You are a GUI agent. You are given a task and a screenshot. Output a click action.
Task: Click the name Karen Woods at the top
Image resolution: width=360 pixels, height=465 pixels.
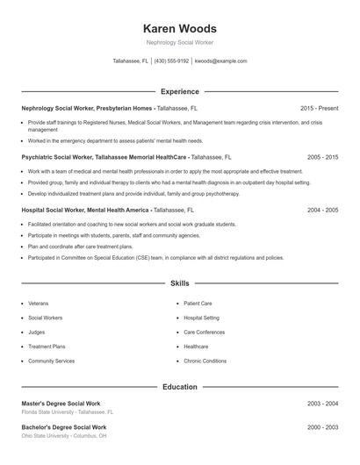[x=179, y=28]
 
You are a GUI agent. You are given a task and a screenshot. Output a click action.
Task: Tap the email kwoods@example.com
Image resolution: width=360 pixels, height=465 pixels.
[x=220, y=61]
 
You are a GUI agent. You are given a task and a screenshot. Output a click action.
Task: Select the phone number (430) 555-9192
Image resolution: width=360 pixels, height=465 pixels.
[x=171, y=61]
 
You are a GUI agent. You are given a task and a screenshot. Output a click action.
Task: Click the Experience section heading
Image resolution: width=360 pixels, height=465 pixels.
[x=179, y=91]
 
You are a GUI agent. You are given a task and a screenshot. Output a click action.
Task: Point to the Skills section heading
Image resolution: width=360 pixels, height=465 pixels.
[x=179, y=284]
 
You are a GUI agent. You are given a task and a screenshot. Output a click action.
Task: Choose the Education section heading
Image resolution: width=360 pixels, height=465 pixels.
[x=179, y=387]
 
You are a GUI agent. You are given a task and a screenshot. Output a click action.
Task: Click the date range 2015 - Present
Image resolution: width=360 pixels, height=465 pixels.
[x=319, y=108]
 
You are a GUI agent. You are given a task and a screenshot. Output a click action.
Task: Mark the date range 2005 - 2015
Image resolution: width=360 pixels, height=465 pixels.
[x=322, y=156]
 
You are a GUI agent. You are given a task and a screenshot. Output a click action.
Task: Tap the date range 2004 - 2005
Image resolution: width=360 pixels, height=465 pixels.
[x=322, y=211]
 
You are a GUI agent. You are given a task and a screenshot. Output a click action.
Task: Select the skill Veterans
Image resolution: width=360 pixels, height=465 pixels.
[x=39, y=303]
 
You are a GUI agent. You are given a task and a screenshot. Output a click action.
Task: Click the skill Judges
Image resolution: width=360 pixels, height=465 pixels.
[x=37, y=332]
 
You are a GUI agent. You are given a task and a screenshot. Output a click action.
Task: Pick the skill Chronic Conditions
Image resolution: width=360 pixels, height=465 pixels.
[x=205, y=361]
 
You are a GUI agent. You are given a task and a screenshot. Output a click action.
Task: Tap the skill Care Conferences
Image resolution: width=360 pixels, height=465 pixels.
[x=205, y=332]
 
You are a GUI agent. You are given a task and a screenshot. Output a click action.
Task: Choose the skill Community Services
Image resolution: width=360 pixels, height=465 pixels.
[x=51, y=361]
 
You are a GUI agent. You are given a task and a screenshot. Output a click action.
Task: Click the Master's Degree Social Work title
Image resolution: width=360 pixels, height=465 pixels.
[x=61, y=403]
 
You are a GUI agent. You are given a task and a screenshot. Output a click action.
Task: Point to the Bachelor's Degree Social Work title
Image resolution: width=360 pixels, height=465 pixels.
[x=63, y=427]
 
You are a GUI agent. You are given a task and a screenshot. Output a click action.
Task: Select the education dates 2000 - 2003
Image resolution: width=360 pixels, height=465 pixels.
[x=322, y=427]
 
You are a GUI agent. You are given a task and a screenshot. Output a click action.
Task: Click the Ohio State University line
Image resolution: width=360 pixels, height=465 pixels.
[x=64, y=436]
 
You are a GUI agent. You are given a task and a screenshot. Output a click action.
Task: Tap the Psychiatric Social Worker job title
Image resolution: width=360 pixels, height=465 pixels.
[x=60, y=156]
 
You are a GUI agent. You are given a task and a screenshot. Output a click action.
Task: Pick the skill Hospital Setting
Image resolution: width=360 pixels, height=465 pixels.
[x=202, y=317]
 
